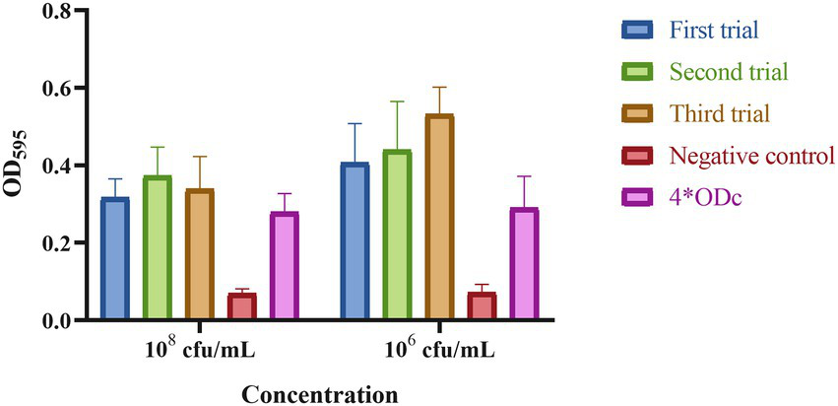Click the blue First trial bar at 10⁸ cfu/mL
click(115, 259)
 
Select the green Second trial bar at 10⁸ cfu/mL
click(158, 248)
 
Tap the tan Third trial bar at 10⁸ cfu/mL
click(200, 255)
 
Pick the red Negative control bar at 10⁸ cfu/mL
click(242, 306)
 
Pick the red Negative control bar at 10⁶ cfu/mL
click(482, 306)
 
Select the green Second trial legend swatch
click(638, 72)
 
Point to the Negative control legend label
click(752, 155)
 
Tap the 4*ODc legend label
click(708, 197)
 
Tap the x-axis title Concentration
click(320, 394)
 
